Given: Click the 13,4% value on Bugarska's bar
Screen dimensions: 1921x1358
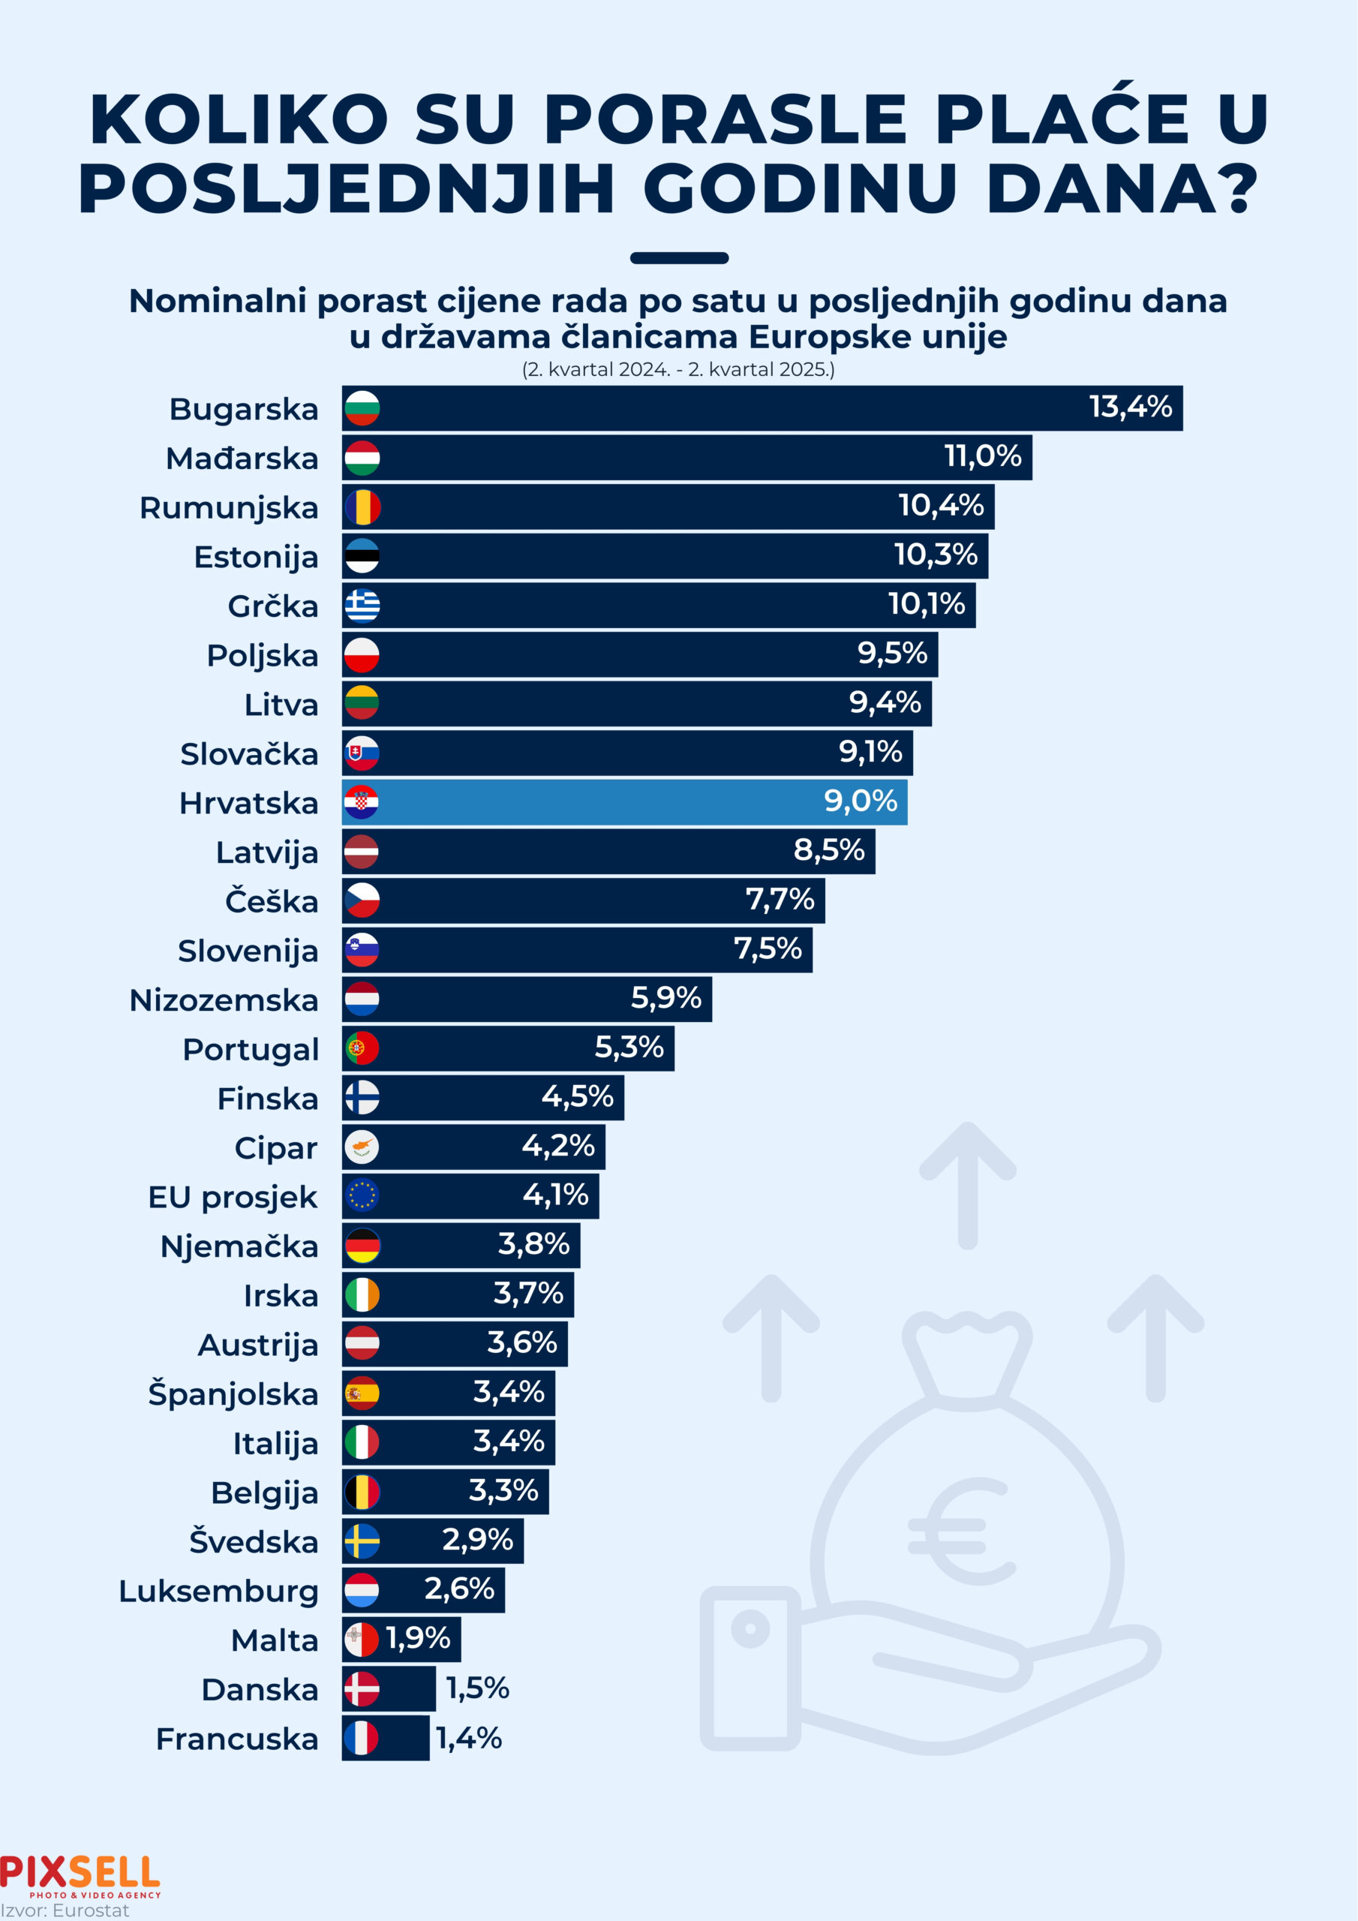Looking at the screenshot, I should [1130, 407].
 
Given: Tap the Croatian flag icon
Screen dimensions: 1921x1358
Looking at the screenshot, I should [362, 802].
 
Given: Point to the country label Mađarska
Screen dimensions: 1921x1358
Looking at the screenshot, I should [242, 458].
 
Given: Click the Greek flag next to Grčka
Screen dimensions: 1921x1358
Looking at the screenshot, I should [362, 606].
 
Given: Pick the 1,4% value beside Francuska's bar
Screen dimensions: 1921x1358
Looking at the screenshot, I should [469, 1738].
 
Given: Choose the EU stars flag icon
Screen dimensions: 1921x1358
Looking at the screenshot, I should [362, 1195].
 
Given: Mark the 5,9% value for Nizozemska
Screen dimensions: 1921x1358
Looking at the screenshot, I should [665, 997].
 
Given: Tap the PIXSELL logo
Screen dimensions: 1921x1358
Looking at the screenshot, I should [80, 1874].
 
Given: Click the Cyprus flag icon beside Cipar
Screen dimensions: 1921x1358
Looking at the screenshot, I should [362, 1147].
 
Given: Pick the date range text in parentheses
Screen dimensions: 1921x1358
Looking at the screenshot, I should [677, 369].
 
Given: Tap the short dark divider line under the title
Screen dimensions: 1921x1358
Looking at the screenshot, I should [678, 257].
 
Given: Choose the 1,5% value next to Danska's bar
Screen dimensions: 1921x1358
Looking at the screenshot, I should [477, 1688].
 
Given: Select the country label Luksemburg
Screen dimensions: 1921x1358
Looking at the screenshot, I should [218, 1592].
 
